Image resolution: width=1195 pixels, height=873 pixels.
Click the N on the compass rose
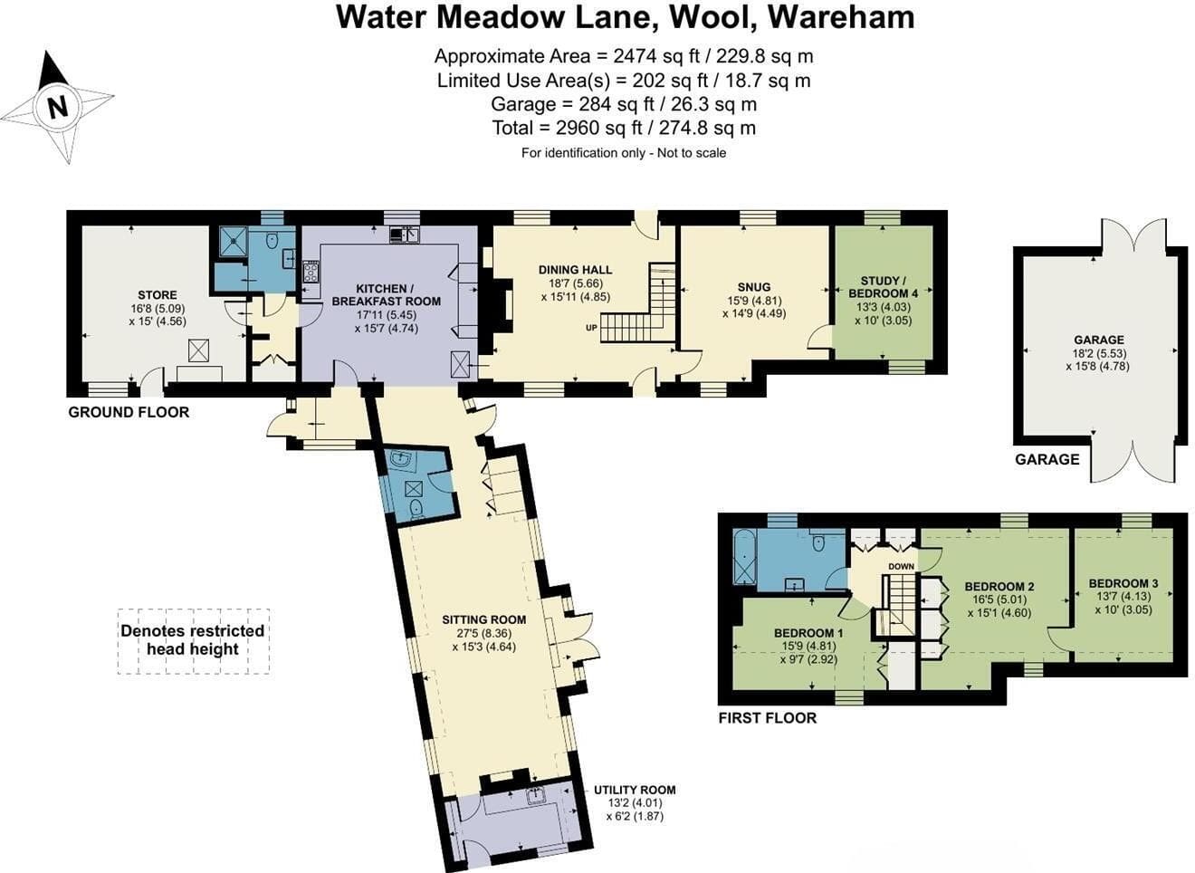tap(58, 106)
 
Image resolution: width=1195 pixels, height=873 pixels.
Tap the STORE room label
tap(158, 295)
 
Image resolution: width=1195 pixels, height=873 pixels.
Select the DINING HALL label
tap(575, 270)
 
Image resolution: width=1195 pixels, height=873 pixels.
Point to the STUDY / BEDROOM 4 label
tap(883, 287)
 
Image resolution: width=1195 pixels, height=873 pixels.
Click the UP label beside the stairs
tap(591, 328)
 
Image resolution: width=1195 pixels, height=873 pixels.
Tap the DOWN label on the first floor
tap(901, 566)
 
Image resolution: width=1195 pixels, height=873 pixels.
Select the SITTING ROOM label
tap(483, 619)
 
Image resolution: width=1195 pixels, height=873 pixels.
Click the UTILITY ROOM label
tap(635, 790)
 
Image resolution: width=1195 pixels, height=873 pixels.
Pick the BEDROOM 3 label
tap(1123, 583)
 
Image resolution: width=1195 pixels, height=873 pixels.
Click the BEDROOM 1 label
tap(808, 633)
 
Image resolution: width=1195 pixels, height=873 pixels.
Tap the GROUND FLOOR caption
tap(129, 412)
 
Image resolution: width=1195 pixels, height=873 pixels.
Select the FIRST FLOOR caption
tap(767, 718)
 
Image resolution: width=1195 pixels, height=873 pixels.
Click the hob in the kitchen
tap(311, 272)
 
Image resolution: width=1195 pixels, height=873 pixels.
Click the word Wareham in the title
tap(841, 17)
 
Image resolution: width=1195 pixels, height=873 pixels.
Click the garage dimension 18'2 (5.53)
tap(1099, 353)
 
